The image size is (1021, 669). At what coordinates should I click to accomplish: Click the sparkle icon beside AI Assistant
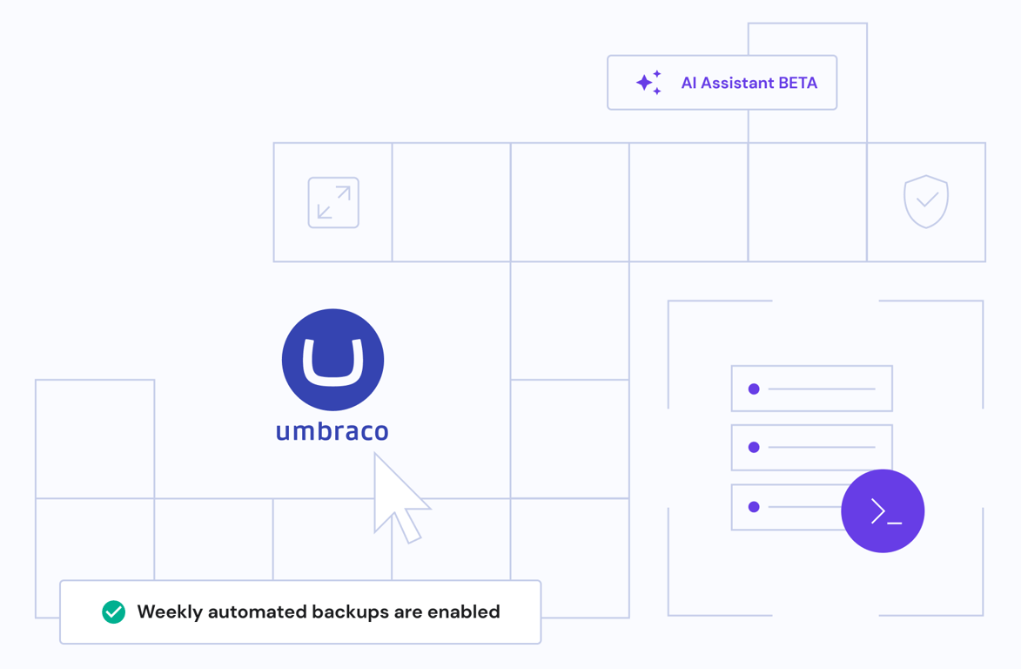tap(648, 83)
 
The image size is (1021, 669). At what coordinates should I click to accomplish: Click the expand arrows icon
tap(333, 203)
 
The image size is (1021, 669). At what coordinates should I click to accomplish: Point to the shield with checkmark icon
tap(926, 201)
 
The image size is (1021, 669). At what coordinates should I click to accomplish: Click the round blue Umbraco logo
tap(332, 360)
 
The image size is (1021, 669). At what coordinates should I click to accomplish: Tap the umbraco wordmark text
tap(332, 431)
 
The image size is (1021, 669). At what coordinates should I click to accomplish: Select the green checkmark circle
tap(113, 612)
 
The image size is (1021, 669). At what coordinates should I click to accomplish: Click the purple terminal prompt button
tap(883, 511)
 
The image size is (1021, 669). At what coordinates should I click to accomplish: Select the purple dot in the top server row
tap(754, 389)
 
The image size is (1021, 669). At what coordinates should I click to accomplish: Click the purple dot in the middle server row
tap(754, 448)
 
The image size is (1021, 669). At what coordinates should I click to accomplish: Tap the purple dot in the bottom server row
tap(754, 507)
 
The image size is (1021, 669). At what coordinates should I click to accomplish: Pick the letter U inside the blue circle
tap(332, 361)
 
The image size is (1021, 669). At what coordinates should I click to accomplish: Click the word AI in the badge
tap(689, 84)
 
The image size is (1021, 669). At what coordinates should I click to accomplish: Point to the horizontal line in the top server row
tap(822, 389)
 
